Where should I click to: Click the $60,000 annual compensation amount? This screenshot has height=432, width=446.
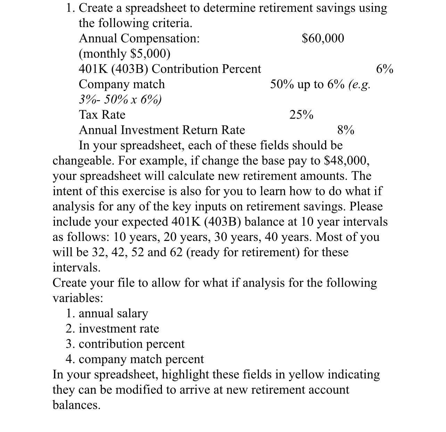tap(323, 38)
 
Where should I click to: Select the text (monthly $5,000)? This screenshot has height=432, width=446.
tap(125, 54)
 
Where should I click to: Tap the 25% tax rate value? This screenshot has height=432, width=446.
tap(301, 115)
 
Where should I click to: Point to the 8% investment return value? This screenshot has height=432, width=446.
tap(346, 130)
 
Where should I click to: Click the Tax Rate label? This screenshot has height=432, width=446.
tap(102, 115)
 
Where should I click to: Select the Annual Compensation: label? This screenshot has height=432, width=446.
tap(139, 38)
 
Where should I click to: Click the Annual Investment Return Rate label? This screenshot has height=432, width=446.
tap(162, 130)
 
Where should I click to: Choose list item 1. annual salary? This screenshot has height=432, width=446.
tap(107, 313)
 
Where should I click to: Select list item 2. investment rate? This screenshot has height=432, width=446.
tap(112, 329)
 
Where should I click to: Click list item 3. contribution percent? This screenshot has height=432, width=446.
tap(125, 344)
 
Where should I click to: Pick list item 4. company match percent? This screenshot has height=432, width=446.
tap(135, 359)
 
